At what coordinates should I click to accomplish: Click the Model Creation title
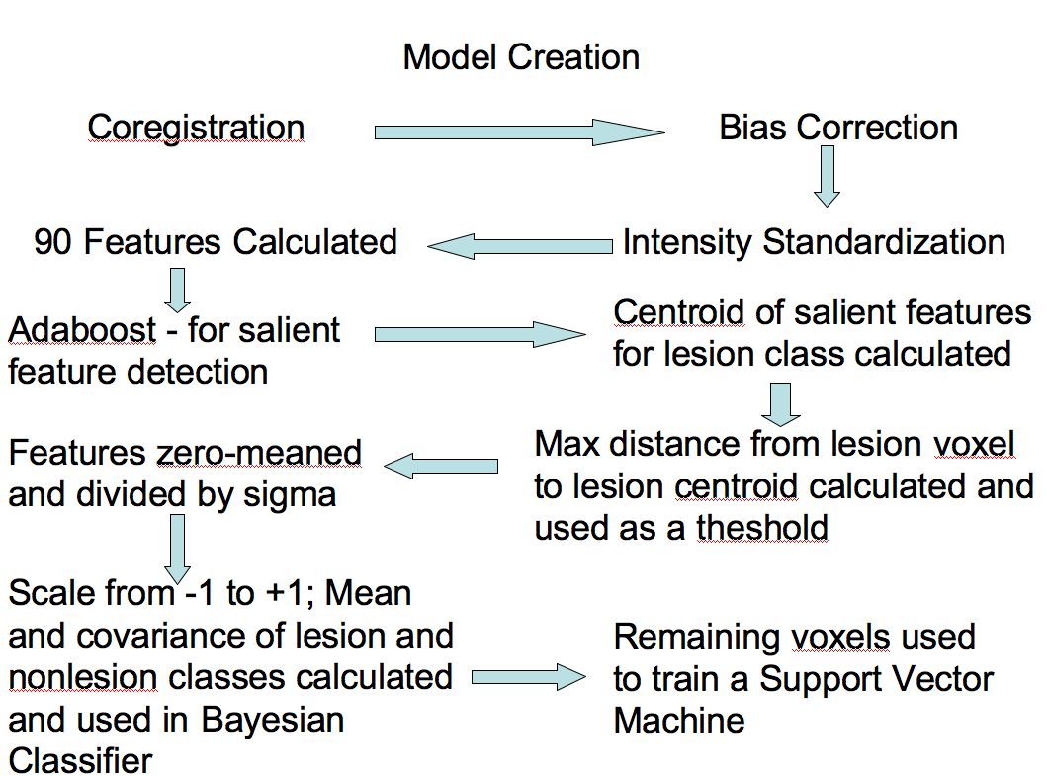[521, 56]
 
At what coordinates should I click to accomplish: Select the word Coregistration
[196, 128]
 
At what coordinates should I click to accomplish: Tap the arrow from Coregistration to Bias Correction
[519, 132]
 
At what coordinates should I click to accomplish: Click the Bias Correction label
[838, 128]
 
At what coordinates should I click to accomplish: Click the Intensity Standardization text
[814, 242]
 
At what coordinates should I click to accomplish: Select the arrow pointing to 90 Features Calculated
[520, 246]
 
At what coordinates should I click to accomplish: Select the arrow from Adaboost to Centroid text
[480, 335]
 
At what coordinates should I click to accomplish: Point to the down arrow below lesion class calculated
[782, 403]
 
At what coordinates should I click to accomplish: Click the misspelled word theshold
[761, 528]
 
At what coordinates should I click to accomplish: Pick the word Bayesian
[273, 720]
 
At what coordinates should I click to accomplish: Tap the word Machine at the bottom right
[679, 720]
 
